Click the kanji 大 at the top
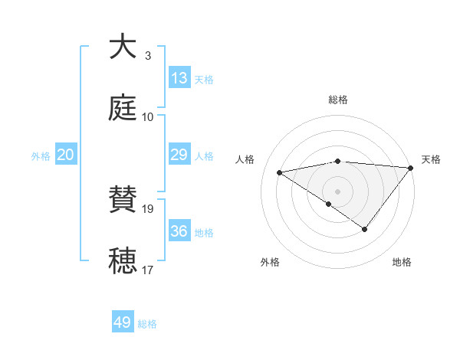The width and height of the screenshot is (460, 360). (123, 47)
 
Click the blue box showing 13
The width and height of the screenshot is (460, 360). (179, 78)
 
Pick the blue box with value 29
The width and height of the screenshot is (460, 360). (179, 155)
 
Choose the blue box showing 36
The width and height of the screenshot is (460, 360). (179, 231)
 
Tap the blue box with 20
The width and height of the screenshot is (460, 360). (65, 155)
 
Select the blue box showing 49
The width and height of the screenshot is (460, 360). (123, 322)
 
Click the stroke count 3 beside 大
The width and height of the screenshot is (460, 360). (147, 55)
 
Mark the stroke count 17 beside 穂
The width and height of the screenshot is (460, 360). (147, 270)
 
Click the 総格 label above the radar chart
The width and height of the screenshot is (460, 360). (337, 100)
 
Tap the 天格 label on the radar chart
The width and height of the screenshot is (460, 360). (431, 159)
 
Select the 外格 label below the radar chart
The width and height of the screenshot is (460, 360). (270, 262)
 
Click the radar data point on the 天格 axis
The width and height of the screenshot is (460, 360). (411, 168)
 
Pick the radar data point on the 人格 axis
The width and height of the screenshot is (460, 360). (280, 172)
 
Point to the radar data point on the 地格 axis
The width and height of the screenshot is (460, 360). (365, 229)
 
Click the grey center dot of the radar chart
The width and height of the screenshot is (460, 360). (337, 191)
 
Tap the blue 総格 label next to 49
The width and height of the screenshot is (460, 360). (147, 324)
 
